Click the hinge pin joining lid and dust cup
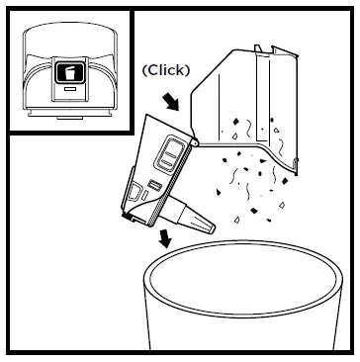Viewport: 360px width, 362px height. click(x=193, y=142)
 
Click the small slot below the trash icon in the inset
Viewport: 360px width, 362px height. click(x=69, y=91)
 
